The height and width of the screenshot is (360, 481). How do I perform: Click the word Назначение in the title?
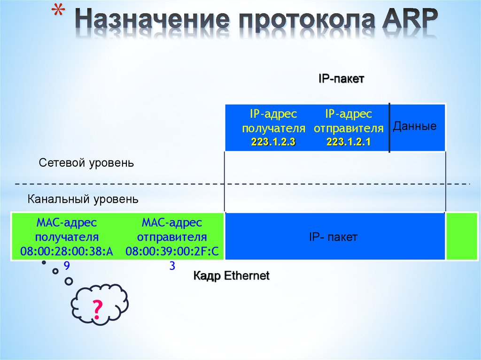[x=153, y=20]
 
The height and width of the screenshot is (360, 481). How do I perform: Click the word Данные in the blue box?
[x=415, y=126]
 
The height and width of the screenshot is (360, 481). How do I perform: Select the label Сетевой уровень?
[x=86, y=163]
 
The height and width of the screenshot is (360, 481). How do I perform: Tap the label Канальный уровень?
[x=83, y=199]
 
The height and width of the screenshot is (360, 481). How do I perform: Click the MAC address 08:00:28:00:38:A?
[x=67, y=252]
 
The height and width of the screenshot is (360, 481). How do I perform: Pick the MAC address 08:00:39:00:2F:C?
[x=172, y=252]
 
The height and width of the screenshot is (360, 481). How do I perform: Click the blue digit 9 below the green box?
[x=67, y=266]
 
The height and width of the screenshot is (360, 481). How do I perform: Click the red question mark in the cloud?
[x=97, y=310]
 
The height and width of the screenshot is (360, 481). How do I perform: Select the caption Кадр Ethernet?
[x=231, y=276]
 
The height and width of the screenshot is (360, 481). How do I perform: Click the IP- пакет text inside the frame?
[x=333, y=237]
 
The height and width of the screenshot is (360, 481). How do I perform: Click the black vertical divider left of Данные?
[x=389, y=128]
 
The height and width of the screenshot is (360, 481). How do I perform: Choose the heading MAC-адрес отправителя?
[x=172, y=229]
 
